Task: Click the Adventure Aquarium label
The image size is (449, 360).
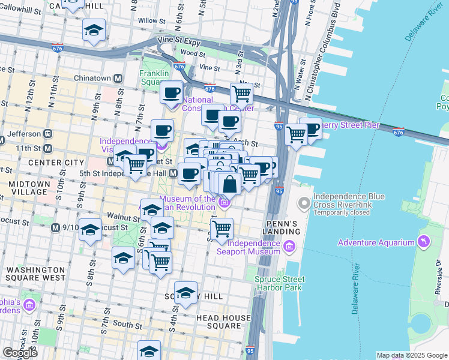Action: pyautogui.click(x=376, y=242)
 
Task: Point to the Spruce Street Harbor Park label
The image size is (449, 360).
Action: pyautogui.click(x=279, y=283)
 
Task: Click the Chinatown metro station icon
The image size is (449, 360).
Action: pyautogui.click(x=118, y=79)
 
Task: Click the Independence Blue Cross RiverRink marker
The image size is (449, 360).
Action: pyautogui.click(x=305, y=204)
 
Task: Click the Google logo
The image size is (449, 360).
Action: pyautogui.click(x=20, y=352)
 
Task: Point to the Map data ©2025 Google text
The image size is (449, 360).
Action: pyautogui.click(x=412, y=355)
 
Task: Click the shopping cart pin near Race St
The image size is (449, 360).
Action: pyautogui.click(x=241, y=93)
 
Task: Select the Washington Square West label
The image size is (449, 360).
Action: pyautogui.click(x=35, y=274)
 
